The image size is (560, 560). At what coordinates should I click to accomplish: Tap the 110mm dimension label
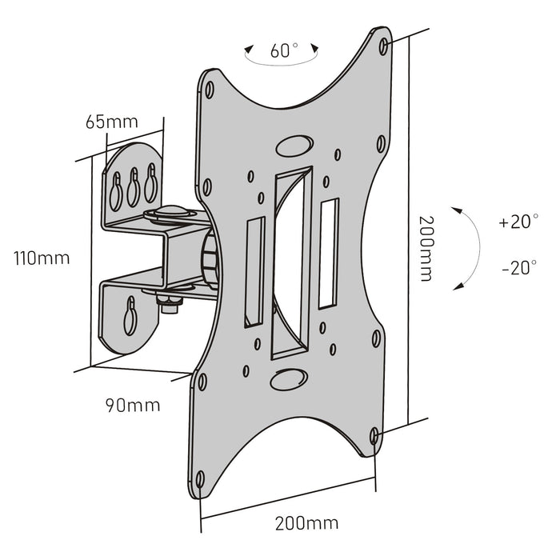[41, 258]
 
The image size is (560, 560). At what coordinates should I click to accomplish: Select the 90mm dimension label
[133, 405]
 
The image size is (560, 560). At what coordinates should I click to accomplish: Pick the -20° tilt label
[518, 268]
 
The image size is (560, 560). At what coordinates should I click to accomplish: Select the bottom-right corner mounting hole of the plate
[376, 434]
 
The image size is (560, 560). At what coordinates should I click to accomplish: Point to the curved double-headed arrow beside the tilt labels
[469, 246]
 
